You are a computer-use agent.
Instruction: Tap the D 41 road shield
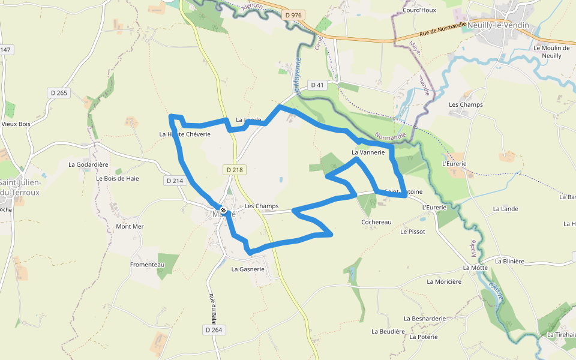click(317, 85)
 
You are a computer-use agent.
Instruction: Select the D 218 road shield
click(235, 170)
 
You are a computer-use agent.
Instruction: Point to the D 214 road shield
click(175, 180)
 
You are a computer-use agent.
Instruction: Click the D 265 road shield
click(58, 92)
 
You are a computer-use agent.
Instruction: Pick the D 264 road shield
click(214, 330)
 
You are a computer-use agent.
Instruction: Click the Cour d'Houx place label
click(419, 10)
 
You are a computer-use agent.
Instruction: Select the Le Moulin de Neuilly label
click(551, 52)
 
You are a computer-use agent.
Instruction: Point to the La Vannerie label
click(368, 152)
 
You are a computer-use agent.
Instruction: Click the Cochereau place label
click(376, 222)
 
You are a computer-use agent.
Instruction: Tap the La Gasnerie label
click(248, 269)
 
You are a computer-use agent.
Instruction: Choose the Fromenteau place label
click(147, 265)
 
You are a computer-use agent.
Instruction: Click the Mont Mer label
click(130, 226)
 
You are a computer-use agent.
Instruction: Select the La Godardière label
click(88, 164)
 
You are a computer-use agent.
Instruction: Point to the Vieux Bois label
click(16, 124)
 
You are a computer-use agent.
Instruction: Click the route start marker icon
click(223, 211)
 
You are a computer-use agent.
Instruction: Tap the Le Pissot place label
click(413, 232)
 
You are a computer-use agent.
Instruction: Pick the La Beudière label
click(388, 331)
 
